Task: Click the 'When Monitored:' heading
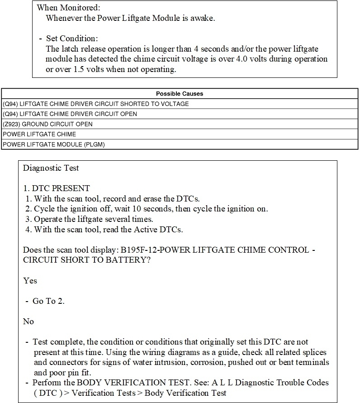pos(68,8)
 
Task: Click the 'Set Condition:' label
pos(71,38)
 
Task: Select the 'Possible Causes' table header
pos(180,94)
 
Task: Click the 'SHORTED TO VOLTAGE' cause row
pos(95,104)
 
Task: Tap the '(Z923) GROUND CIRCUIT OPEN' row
pos(47,124)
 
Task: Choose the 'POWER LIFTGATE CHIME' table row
pos(39,134)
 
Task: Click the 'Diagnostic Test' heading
pos(51,168)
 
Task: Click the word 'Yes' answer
pos(30,281)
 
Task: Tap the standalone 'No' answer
pos(28,321)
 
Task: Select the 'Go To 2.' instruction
pos(48,301)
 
